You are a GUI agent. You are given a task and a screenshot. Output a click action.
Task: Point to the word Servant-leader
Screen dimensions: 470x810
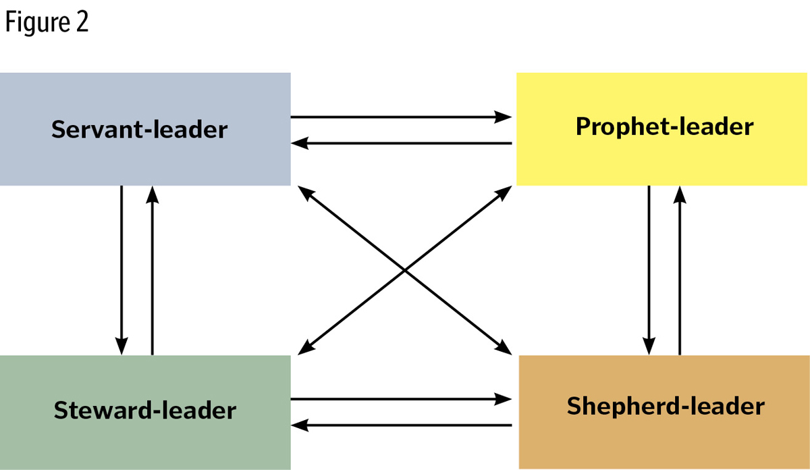pos(140,129)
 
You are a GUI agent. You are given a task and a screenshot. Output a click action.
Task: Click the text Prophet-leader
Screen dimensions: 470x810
pos(664,126)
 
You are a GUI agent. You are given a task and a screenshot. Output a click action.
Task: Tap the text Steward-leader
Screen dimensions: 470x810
pos(145,410)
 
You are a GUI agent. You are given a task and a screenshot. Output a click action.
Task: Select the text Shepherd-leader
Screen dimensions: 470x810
pos(666,407)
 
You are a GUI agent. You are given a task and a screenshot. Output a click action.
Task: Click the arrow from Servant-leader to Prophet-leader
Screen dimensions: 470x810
pos(402,117)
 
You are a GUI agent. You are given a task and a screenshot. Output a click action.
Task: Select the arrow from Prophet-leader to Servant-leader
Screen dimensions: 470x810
pos(402,143)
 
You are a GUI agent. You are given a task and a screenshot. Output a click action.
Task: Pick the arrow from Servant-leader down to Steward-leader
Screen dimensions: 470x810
pos(122,270)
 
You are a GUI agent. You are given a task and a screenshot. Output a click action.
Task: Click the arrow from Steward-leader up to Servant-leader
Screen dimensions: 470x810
pos(153,270)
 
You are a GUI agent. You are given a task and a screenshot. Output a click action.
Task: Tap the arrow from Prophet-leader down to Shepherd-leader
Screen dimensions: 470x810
pos(649,270)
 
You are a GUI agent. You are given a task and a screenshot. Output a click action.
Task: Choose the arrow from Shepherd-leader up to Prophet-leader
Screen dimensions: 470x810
pos(680,270)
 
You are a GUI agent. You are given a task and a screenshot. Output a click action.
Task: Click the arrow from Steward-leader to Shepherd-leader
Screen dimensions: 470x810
pos(402,399)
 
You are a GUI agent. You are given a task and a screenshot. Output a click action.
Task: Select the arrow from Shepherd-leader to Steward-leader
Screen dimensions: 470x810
pos(402,425)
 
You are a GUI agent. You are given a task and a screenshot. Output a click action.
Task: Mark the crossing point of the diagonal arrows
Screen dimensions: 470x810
pos(404,270)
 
